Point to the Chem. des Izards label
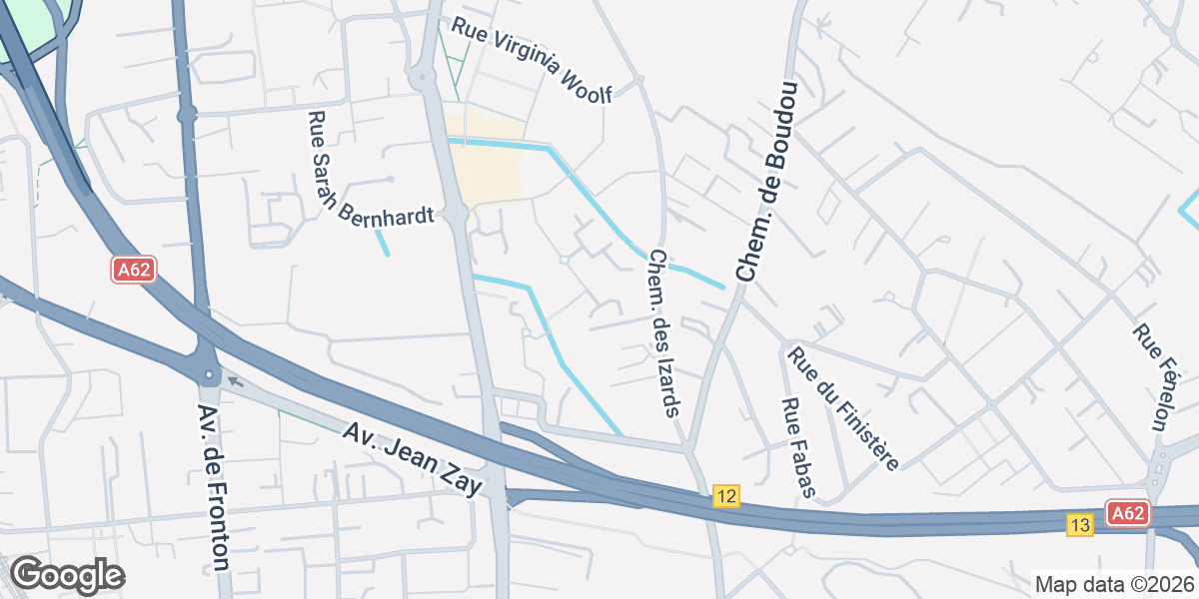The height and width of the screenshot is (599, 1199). click(664, 332)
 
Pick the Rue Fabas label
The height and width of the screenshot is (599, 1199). click(799, 447)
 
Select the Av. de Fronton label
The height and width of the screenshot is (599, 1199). click(215, 487)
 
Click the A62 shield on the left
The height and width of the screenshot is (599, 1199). click(133, 270)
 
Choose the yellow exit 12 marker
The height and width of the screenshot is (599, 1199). click(726, 496)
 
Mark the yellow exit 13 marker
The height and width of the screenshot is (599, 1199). click(1079, 525)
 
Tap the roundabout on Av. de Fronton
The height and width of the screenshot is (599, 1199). click(209, 375)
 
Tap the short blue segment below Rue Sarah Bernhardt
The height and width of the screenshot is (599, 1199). click(382, 243)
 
